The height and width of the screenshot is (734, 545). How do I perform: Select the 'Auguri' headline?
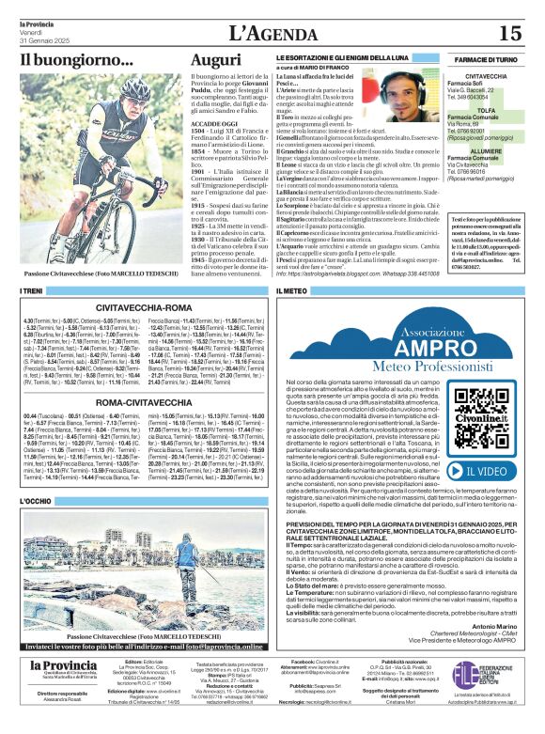(215, 60)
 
